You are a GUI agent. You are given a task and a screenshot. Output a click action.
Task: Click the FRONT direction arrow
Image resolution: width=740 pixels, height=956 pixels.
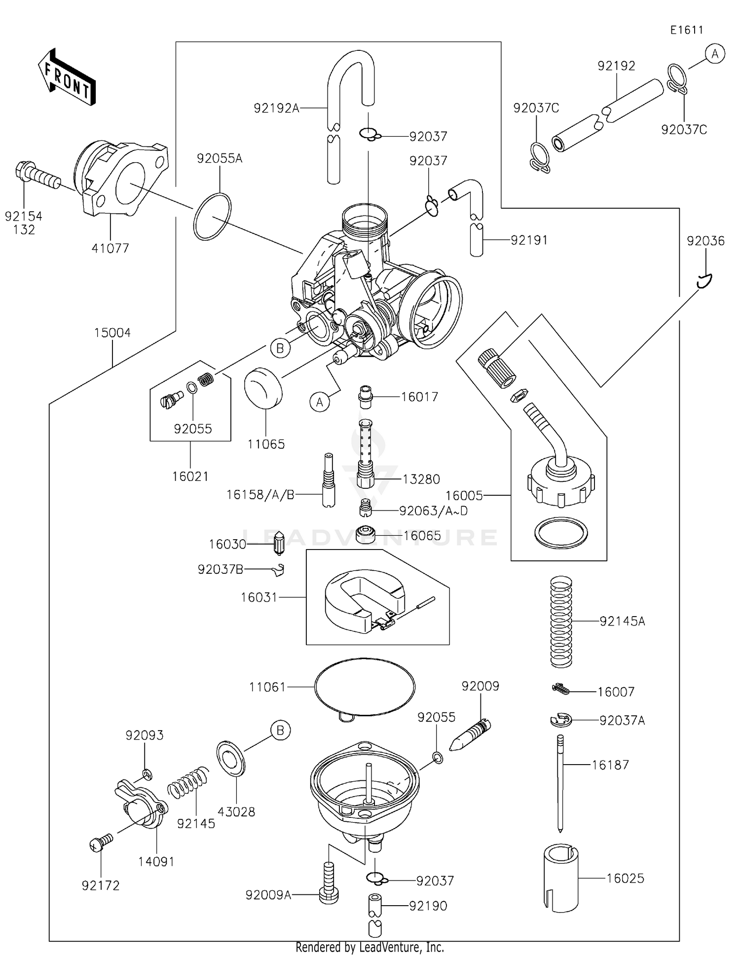pos(67,77)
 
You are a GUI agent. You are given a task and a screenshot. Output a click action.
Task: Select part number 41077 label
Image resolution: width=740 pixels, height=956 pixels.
pos(110,248)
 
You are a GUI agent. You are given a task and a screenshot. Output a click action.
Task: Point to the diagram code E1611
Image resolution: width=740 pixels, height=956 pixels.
pos(686,30)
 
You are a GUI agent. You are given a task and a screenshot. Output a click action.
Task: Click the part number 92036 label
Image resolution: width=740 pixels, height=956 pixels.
pos(705,241)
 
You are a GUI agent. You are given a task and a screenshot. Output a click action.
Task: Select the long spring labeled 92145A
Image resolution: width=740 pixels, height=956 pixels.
pos(561,621)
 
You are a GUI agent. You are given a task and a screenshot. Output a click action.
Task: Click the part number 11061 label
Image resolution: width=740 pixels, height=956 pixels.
pos(267,687)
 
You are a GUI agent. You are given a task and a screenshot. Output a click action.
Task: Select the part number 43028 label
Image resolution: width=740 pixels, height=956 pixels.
pos(236,812)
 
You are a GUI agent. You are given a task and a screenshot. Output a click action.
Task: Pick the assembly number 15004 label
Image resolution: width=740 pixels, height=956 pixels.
pos(112,333)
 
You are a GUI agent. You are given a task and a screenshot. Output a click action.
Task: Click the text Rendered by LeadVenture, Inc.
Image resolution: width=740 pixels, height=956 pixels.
pos(370,947)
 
